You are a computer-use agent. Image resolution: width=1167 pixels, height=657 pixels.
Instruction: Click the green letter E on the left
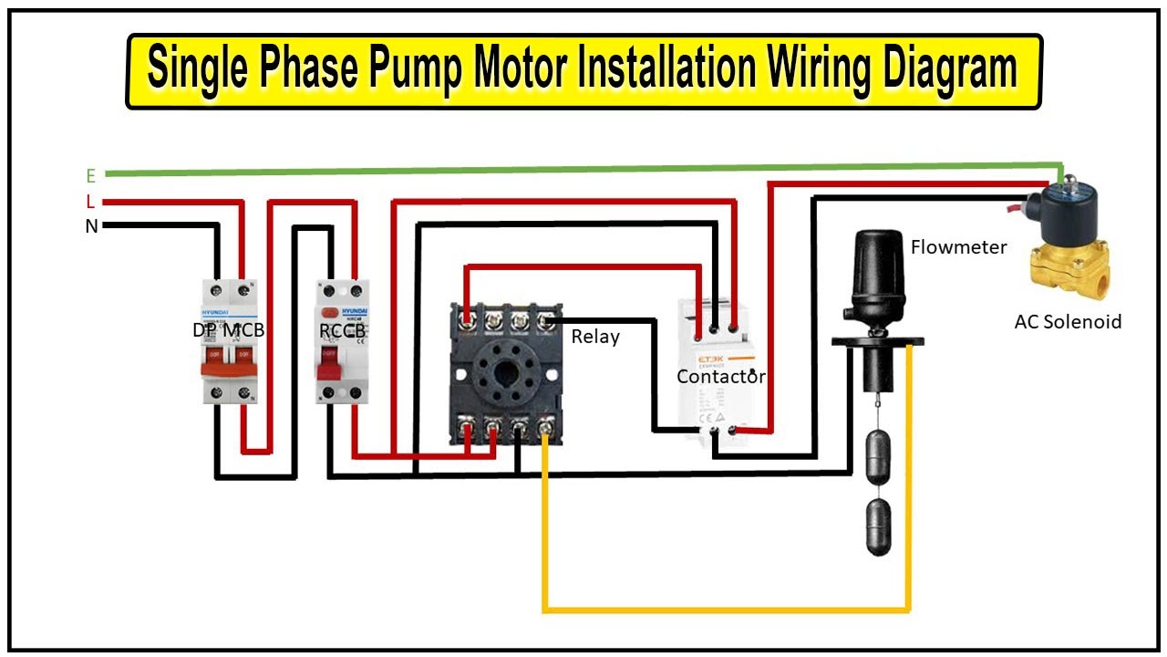click(x=90, y=175)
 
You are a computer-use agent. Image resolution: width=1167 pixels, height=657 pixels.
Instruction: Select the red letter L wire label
click(x=90, y=202)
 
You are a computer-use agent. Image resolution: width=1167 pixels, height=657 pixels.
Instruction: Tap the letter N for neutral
click(x=91, y=226)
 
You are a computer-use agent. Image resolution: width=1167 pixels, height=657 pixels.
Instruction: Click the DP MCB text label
click(x=228, y=330)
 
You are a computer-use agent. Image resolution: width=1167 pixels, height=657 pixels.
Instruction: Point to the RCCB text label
click(x=343, y=330)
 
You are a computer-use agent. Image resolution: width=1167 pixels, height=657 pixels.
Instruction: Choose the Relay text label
click(x=595, y=337)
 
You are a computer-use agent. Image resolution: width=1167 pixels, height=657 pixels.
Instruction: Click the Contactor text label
click(x=720, y=376)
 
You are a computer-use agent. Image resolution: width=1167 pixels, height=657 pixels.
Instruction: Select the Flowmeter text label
click(x=958, y=247)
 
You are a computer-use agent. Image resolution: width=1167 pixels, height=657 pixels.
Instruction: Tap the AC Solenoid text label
click(x=1068, y=321)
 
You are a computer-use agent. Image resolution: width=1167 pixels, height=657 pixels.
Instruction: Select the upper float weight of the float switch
click(x=876, y=457)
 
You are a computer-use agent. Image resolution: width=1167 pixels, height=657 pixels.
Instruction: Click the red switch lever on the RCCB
click(x=329, y=364)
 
